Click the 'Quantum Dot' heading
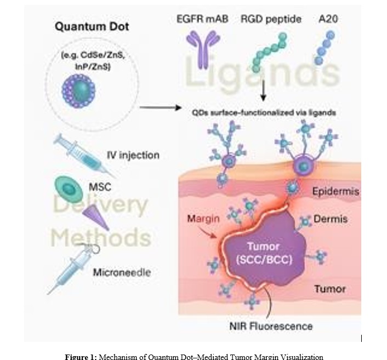[x=92, y=26]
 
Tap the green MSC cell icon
[x=69, y=187]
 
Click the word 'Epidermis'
[x=334, y=192]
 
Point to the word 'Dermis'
[x=331, y=219]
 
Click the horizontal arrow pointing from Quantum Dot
[x=160, y=108]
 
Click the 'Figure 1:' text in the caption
[x=81, y=357]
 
